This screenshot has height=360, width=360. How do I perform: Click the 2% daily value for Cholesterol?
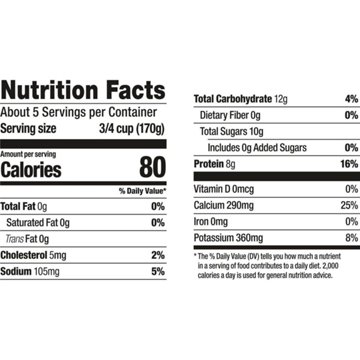coord(156,254)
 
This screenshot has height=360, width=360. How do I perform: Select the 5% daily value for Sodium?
coord(156,270)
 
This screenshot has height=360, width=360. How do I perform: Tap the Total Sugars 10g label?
coord(232,131)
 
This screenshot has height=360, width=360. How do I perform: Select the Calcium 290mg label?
coord(225,205)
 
